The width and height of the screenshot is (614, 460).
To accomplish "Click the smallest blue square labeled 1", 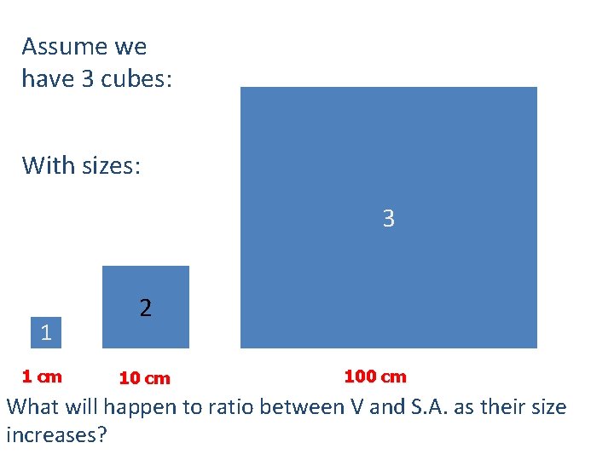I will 46,332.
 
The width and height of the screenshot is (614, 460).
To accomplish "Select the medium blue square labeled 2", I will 146,307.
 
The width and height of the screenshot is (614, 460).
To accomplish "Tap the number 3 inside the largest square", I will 389,219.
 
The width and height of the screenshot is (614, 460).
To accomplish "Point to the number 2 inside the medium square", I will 146,308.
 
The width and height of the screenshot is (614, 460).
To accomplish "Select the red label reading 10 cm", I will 145,378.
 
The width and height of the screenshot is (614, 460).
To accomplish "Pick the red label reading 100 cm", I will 375,377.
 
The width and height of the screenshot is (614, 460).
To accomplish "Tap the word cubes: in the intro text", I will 137,79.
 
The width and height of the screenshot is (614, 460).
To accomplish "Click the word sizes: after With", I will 111,164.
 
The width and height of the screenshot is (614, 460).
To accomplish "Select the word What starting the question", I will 33,407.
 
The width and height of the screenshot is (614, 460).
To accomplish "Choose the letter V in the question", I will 359,407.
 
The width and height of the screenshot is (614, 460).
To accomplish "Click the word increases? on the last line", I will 56,435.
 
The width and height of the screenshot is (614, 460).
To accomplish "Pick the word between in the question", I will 299,407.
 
